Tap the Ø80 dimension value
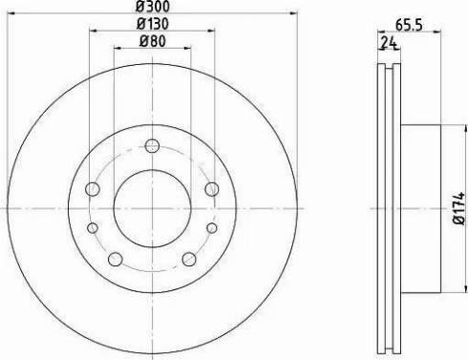tap(151, 40)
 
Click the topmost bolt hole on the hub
tap(151, 145)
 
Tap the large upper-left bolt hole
tap(93, 189)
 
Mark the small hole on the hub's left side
tap(93, 227)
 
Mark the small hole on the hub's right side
tap(210, 227)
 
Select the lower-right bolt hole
tap(187, 259)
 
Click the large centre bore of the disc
tap(151, 206)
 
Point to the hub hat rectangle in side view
tap(418, 206)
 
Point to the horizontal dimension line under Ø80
tap(151, 48)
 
